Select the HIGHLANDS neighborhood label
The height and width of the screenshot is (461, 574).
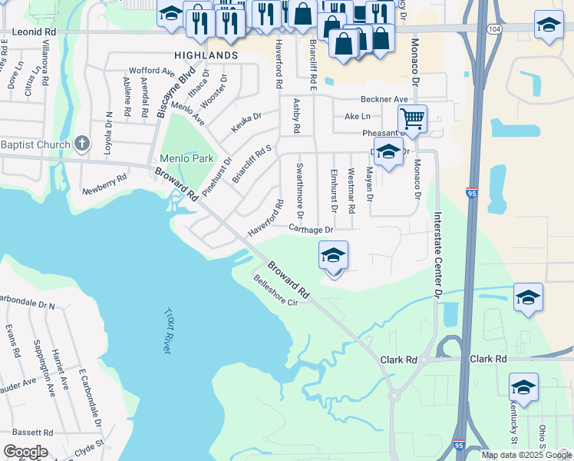(206, 56)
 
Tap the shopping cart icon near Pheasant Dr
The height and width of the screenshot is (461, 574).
(412, 119)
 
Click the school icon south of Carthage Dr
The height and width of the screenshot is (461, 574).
(333, 255)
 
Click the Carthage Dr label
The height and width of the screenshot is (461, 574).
(311, 229)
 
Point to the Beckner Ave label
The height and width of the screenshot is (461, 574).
(384, 99)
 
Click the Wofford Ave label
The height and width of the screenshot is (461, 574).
(152, 71)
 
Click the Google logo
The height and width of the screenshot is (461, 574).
(25, 452)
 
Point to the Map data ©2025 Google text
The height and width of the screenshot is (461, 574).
(526, 455)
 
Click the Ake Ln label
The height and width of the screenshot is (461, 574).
(357, 116)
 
